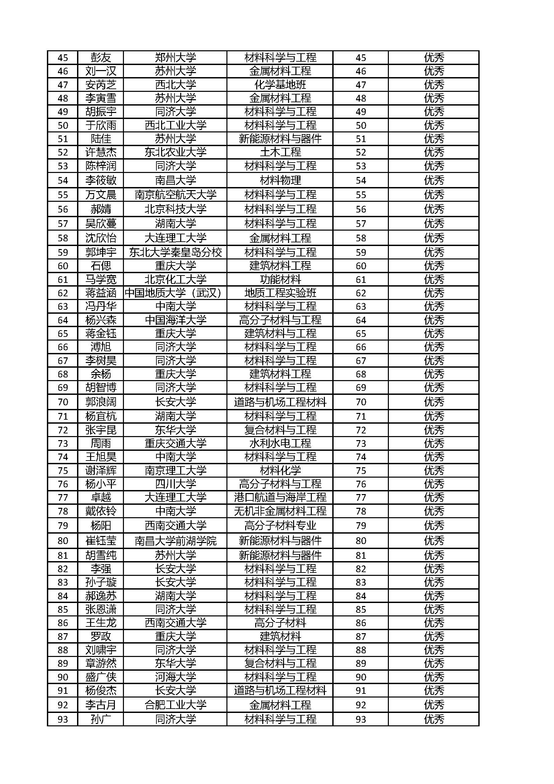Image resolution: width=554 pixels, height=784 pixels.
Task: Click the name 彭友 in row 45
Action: point(100,58)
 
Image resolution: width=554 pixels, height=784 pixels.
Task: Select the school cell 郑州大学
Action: point(175,58)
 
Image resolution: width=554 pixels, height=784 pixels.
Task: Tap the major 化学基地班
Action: point(280,85)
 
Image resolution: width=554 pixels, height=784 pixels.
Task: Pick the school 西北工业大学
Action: point(175,125)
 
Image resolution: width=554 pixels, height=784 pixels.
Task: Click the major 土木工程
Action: point(280,152)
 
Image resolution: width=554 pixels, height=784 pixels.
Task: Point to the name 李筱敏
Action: point(100,180)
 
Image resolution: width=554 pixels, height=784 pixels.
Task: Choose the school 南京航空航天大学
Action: point(175,195)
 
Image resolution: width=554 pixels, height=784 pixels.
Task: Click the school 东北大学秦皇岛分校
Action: point(175,252)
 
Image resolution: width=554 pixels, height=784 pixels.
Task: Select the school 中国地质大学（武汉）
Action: point(175,293)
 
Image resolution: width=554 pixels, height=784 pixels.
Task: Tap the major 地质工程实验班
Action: point(280,293)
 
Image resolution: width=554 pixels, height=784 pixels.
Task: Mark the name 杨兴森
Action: point(100,320)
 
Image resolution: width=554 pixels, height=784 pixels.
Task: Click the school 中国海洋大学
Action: point(175,320)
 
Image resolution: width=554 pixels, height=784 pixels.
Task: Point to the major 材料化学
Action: point(280,471)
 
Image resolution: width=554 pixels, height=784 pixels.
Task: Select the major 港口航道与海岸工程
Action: point(280,497)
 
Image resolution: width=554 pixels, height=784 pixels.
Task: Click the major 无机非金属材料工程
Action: point(280,511)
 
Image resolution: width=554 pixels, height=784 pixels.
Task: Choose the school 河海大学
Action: point(175,677)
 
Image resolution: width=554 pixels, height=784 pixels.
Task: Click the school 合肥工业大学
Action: point(175,705)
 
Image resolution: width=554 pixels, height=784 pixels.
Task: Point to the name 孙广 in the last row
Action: point(100,719)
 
